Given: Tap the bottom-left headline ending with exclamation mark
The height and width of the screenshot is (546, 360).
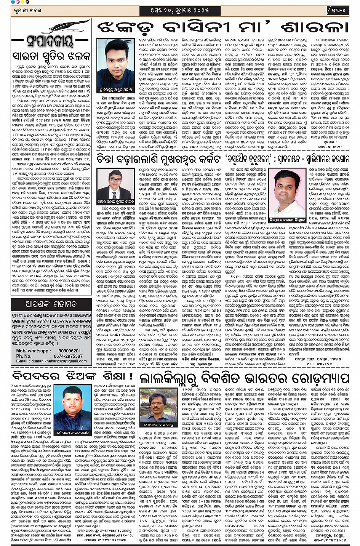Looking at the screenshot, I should [x=72, y=377].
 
